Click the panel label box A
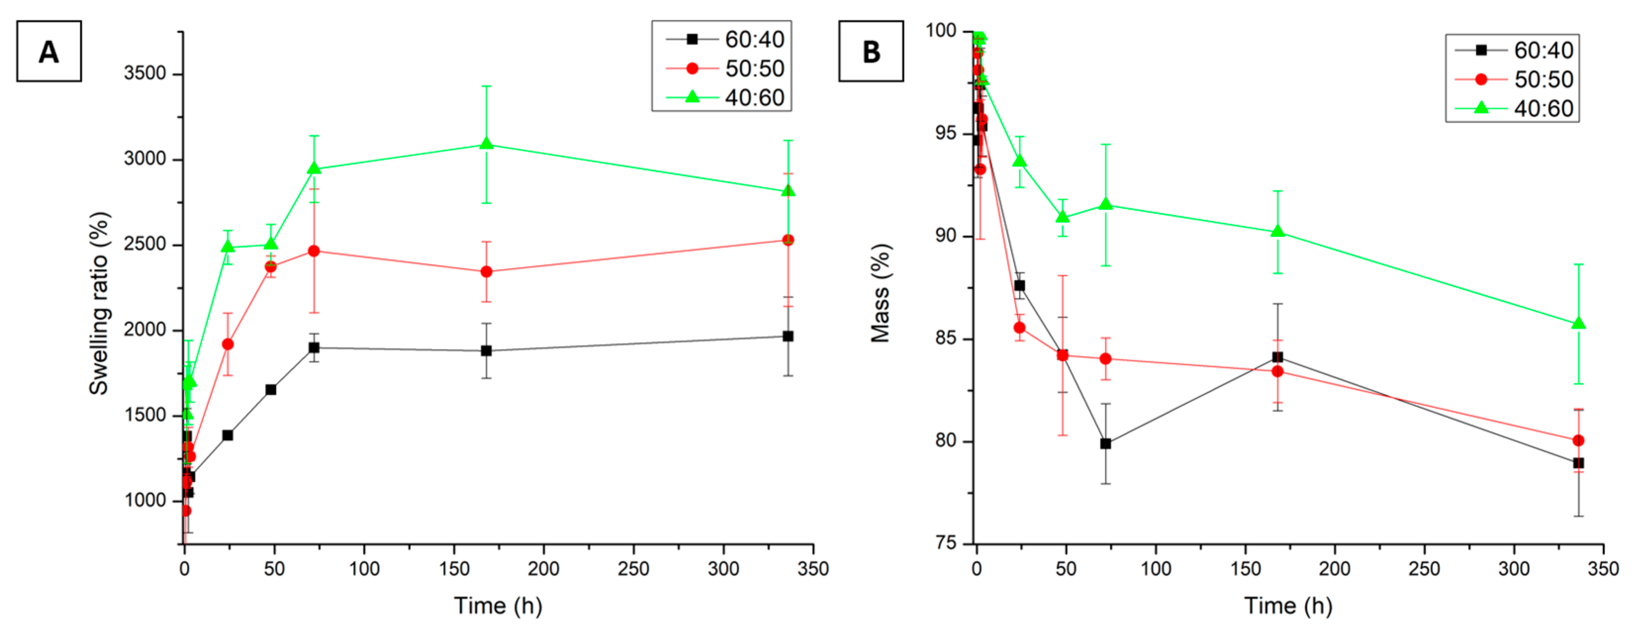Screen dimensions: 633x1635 [49, 51]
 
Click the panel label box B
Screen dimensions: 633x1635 [871, 51]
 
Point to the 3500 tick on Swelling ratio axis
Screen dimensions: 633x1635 [145, 74]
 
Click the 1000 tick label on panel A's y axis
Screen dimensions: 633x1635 [145, 500]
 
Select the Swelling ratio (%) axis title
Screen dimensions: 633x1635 [99, 304]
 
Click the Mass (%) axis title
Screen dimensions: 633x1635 [880, 293]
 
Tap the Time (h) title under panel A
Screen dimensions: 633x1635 [498, 605]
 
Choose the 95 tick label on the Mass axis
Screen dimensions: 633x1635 [945, 134]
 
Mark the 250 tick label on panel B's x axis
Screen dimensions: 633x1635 [1424, 568]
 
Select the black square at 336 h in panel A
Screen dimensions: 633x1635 [788, 336]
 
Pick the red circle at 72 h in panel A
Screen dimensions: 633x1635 [314, 251]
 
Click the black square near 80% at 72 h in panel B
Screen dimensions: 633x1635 [1106, 444]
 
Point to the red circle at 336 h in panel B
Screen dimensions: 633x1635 [1579, 440]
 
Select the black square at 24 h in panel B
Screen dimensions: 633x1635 [1019, 286]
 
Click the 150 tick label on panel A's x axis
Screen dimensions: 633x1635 [454, 568]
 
